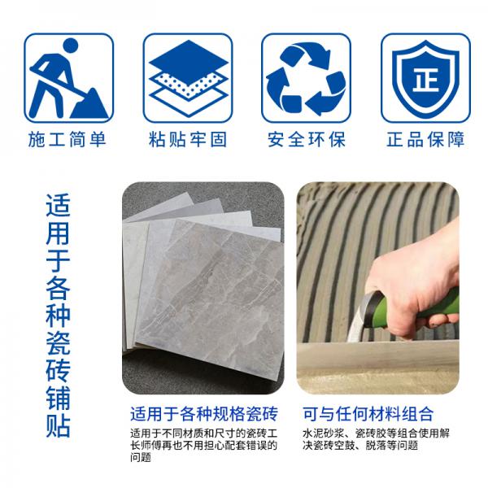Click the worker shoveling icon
69,78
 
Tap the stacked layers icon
189,78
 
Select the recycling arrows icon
307,78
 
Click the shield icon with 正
425,78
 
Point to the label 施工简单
68,139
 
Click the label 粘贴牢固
188,139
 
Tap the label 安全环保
307,139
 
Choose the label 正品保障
425,139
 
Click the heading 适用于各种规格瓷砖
204,414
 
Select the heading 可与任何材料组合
368,414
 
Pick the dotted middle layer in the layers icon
189,84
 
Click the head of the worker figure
70,46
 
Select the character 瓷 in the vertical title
58,342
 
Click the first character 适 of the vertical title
58,206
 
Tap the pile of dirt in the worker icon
89,103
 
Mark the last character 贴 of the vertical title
58,425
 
